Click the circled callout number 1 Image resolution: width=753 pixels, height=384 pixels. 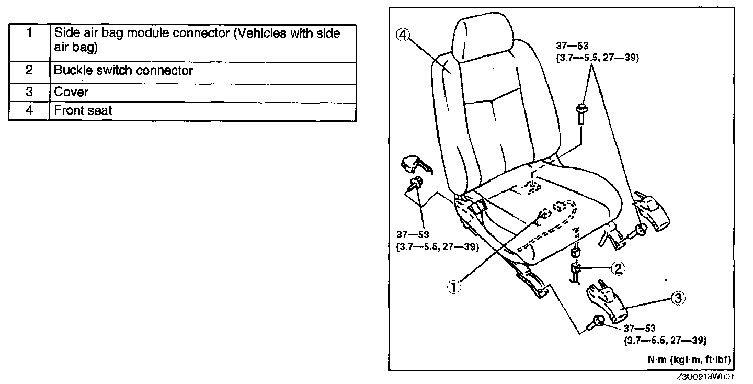(454, 287)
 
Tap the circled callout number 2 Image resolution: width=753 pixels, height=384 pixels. (618, 268)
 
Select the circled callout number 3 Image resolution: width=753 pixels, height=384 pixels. (677, 298)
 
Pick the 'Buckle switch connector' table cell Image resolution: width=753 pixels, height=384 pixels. (202, 71)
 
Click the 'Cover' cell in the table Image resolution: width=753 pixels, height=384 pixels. (202, 92)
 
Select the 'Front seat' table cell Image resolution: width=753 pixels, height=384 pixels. (202, 110)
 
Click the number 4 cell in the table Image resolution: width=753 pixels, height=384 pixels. (29, 110)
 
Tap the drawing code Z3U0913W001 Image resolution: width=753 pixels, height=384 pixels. (705, 377)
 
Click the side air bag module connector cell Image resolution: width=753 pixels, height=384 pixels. (202, 40)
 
